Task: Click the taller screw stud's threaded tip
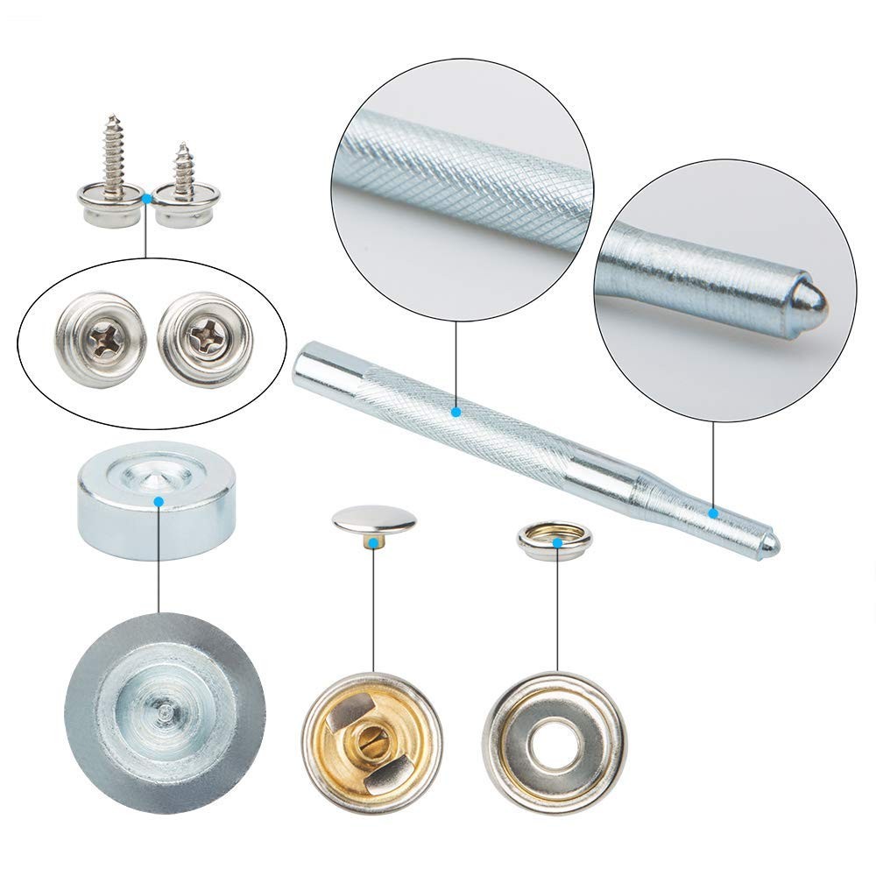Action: click(x=111, y=120)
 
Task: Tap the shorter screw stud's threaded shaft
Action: click(x=183, y=171)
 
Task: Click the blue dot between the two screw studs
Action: click(x=147, y=200)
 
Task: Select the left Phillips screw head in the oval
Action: click(x=98, y=338)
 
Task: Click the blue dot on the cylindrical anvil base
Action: click(x=159, y=501)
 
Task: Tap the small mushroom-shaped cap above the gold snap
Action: click(x=374, y=520)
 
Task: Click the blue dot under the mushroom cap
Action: click(x=374, y=544)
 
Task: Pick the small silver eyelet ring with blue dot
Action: click(x=555, y=541)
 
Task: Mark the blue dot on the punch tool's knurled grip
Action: click(x=456, y=410)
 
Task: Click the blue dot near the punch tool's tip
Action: click(x=713, y=512)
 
